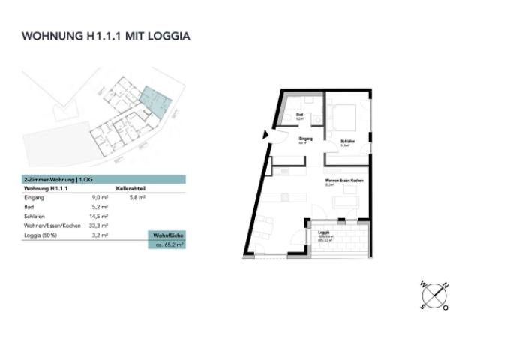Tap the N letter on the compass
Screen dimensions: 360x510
pyautogui.click(x=445, y=285)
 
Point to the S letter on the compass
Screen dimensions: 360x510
pyautogui.click(x=423, y=307)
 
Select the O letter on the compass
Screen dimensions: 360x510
pyautogui.click(x=445, y=307)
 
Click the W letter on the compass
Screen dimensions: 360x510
pyautogui.click(x=424, y=285)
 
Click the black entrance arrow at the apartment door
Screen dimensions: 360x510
pyautogui.click(x=265, y=135)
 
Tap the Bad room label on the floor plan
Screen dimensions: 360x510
pyautogui.click(x=299, y=115)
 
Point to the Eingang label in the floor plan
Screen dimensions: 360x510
pyautogui.click(x=305, y=139)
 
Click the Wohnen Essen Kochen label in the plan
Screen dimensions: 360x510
pyautogui.click(x=344, y=181)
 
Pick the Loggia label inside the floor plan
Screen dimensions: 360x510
pyautogui.click(x=324, y=232)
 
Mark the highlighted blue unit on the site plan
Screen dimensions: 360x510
pyautogui.click(x=156, y=99)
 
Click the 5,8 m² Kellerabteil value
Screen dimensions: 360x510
pyautogui.click(x=137, y=197)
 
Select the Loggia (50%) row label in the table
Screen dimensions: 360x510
pyautogui.click(x=40, y=235)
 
